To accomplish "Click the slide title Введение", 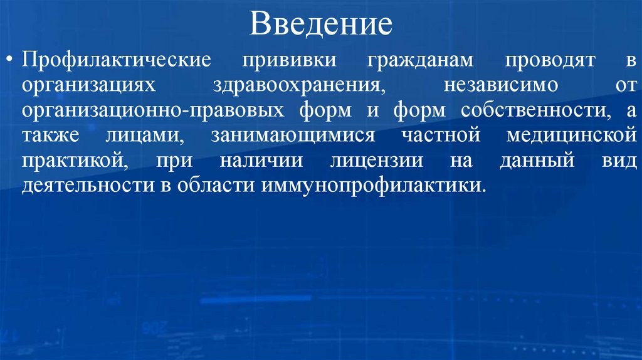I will tap(321, 26).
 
